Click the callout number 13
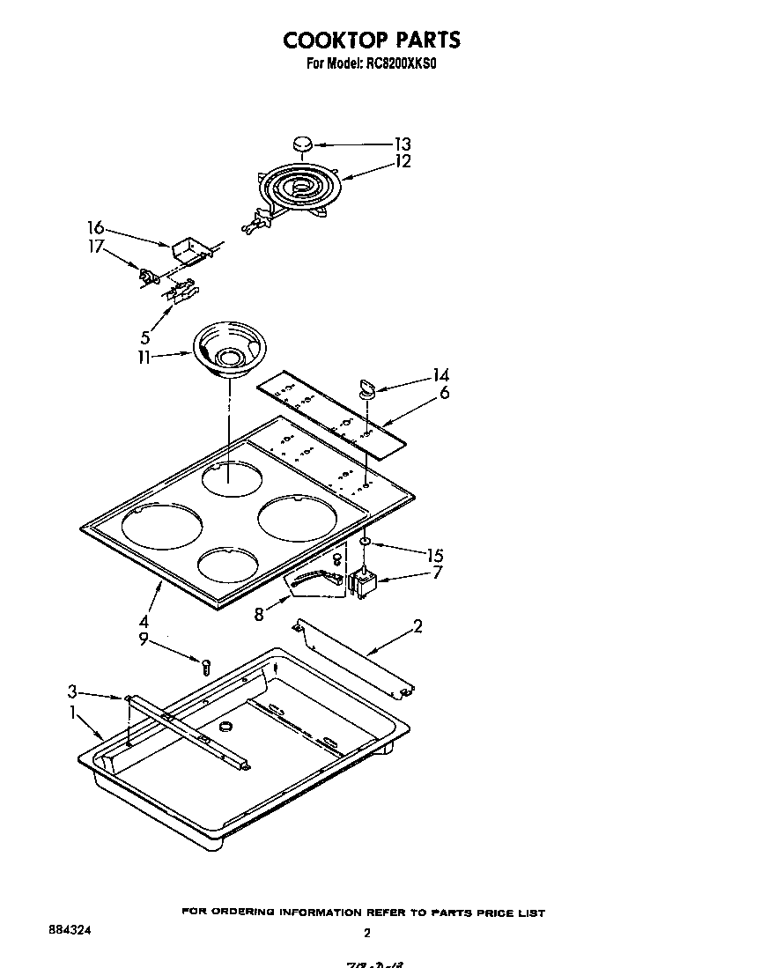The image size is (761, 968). tap(402, 144)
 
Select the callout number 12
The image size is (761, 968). tap(402, 162)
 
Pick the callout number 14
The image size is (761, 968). tap(440, 375)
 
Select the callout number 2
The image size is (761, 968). tap(417, 627)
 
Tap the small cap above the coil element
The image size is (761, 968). tap(302, 144)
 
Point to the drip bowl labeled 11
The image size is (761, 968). tap(228, 350)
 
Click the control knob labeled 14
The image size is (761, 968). tap(366, 385)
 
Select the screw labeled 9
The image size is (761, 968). tap(206, 666)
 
